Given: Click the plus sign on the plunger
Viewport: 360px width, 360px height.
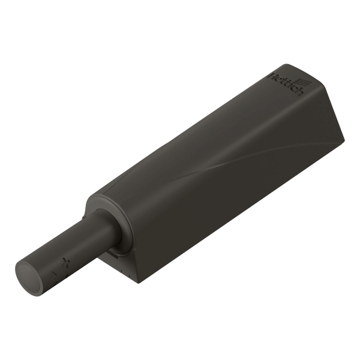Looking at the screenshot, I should coord(65,262).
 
